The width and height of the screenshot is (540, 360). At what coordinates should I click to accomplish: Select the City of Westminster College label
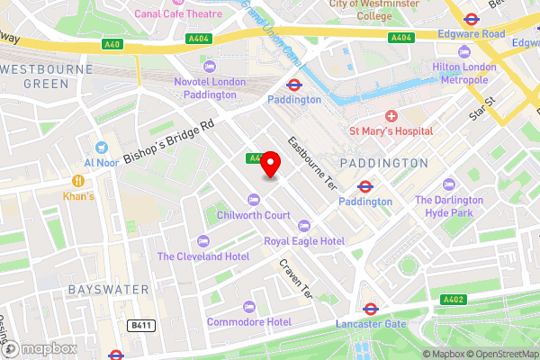coord(373,10)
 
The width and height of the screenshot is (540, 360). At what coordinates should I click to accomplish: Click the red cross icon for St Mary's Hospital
coord(391,116)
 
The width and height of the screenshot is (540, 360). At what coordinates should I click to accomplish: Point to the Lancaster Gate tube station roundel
coord(369,309)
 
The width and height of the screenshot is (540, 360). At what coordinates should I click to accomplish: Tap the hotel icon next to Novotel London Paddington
coord(210,67)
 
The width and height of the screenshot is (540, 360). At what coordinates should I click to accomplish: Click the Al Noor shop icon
coord(101,147)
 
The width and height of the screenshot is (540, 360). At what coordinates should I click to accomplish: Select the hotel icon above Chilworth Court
coord(253,199)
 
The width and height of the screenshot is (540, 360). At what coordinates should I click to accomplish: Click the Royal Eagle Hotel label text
coord(304,241)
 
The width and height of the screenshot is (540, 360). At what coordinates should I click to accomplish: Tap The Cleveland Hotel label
coord(202,256)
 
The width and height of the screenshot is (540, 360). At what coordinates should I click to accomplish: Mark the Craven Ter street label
coord(294,280)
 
